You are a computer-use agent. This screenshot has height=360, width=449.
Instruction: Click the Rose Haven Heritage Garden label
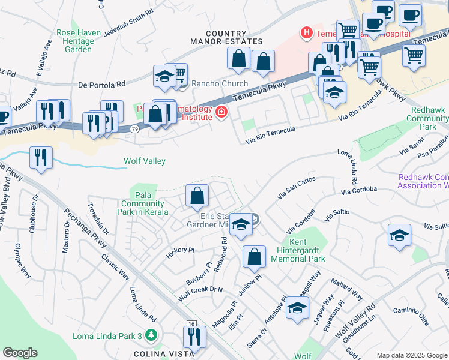coord(75,41)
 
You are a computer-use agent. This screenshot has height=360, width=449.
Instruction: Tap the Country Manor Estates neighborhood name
coord(226,38)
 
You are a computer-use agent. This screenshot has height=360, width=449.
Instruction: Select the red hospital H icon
coord(307,33)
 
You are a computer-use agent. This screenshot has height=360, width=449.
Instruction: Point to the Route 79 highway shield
coord(136,128)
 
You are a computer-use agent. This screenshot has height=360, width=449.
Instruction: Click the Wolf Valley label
coord(145,161)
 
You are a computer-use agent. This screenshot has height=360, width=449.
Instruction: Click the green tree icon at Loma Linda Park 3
coord(152,335)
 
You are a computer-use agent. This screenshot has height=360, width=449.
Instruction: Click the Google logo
coord(20,353)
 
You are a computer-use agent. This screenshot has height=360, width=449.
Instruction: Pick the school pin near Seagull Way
coord(297,308)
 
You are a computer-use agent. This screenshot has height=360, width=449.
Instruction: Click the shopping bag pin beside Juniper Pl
coord(254,257)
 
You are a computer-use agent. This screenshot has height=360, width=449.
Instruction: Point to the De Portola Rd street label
coord(101,85)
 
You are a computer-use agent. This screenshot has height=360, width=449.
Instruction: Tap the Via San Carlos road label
coord(296,187)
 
